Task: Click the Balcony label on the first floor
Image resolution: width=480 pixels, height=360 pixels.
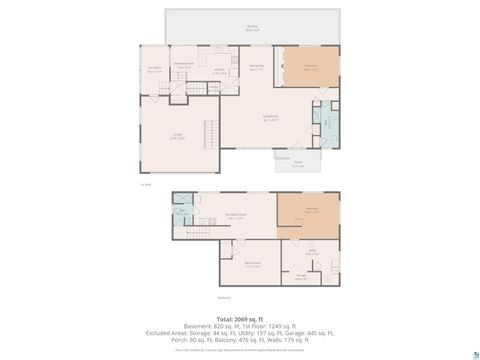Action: (x=252, y=29)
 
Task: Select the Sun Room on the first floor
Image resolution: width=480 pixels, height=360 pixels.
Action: (x=154, y=71)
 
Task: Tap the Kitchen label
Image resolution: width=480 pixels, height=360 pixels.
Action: (x=218, y=70)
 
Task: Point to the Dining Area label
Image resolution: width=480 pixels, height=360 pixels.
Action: (x=256, y=68)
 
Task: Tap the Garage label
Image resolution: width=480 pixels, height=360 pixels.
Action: (x=176, y=138)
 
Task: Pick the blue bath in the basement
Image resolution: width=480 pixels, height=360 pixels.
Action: (x=183, y=212)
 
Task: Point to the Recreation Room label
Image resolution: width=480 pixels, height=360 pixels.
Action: (x=236, y=216)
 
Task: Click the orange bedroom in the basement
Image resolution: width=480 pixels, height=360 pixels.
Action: (x=311, y=211)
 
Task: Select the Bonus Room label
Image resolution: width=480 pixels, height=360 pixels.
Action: (x=252, y=265)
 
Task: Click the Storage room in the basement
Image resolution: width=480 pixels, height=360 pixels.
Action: (x=301, y=277)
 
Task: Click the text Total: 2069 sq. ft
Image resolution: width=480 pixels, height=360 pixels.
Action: (x=240, y=315)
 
